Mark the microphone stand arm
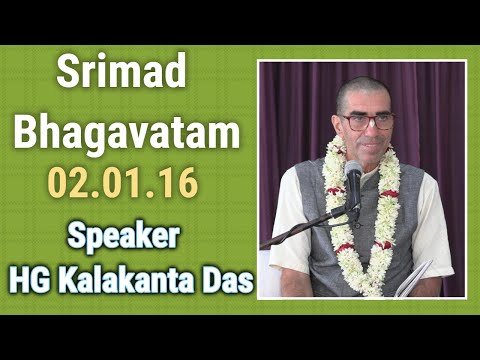coord(300,228)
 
